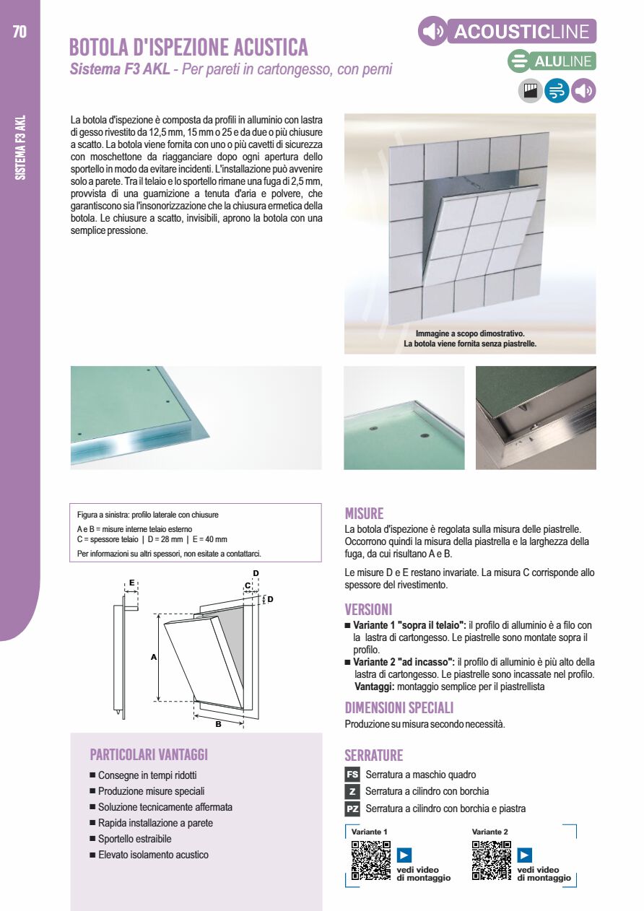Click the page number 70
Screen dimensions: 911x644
click(19, 32)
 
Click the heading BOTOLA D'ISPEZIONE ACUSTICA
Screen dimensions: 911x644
click(188, 48)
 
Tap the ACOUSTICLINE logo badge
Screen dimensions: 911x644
click(507, 32)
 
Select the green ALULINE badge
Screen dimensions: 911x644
click(552, 61)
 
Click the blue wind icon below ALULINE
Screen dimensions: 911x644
click(557, 91)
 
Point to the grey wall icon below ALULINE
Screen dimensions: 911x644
click(531, 91)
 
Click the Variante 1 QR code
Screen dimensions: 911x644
click(370, 860)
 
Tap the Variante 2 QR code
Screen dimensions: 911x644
click(491, 860)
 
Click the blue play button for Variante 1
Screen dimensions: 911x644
click(404, 855)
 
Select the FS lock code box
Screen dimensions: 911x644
click(352, 775)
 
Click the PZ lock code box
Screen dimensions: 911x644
click(352, 808)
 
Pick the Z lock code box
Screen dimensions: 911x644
click(352, 791)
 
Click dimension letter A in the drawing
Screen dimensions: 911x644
click(153, 657)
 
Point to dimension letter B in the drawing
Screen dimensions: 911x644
click(218, 724)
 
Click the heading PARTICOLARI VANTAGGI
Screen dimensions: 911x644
click(149, 754)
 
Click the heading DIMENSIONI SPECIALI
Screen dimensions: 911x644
click(399, 707)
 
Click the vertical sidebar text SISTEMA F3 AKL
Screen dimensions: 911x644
click(20, 147)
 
